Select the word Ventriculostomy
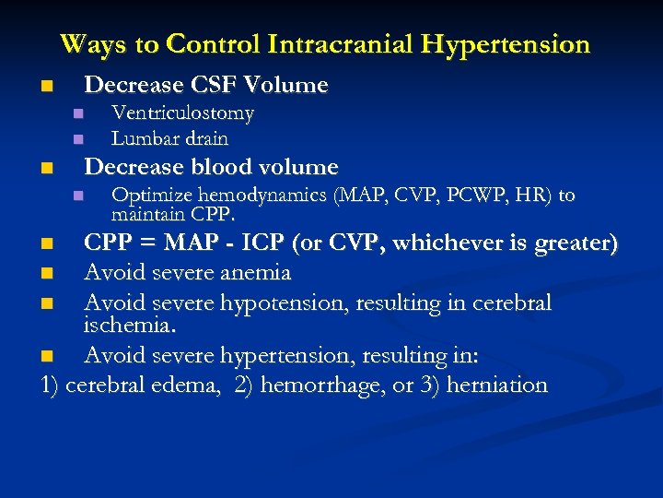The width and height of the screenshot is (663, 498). [182, 113]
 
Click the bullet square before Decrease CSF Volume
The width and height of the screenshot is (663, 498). [47, 87]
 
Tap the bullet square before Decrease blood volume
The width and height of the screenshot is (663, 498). [47, 169]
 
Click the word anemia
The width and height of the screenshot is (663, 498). [257, 272]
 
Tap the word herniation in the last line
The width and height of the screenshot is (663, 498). [496, 385]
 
